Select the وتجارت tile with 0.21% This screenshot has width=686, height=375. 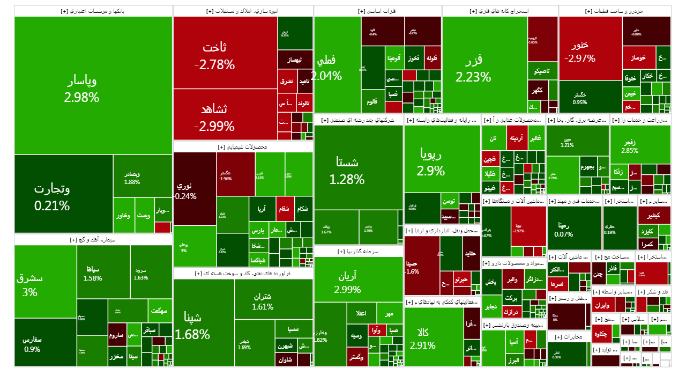(x=52, y=196)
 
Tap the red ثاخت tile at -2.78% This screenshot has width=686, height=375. (x=214, y=56)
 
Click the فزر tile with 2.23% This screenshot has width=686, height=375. (x=473, y=67)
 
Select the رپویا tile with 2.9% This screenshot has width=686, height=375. (x=431, y=162)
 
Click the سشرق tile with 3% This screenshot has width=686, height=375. (x=30, y=285)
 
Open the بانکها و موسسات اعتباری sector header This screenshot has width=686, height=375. (x=93, y=11)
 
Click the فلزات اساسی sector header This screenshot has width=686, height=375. (x=377, y=11)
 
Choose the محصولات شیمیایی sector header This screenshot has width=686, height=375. (x=243, y=146)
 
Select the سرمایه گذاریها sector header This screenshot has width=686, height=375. (x=359, y=251)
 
